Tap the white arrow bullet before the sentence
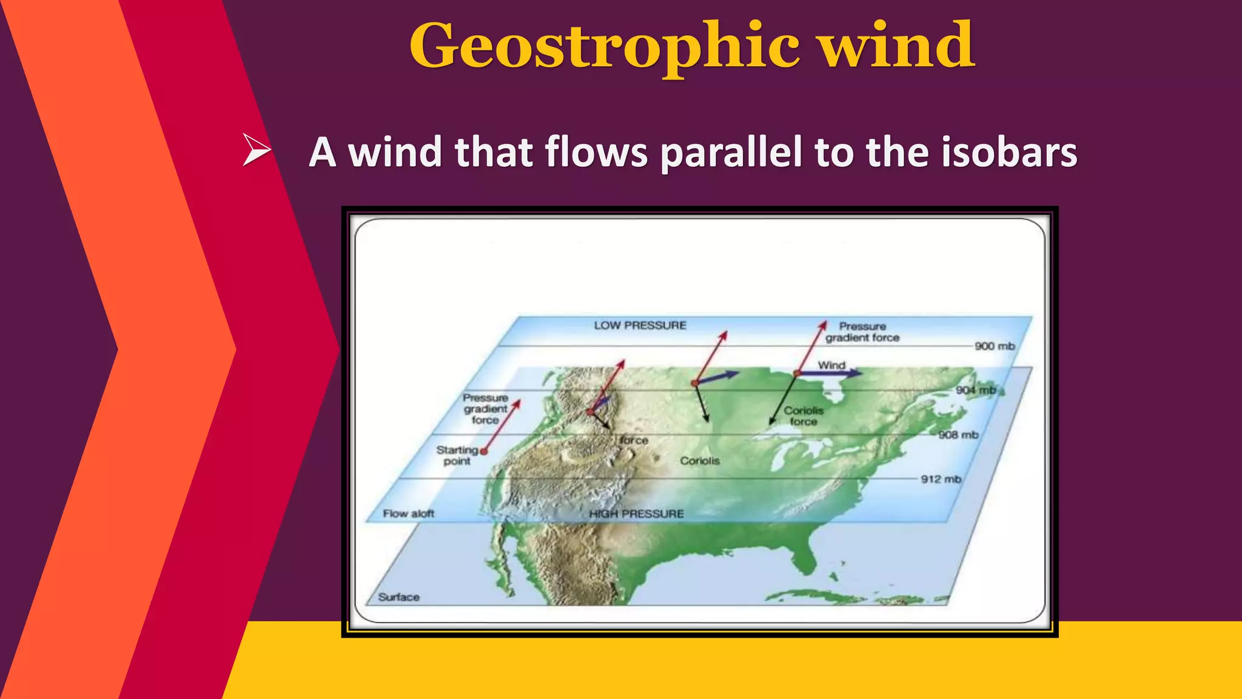(256, 150)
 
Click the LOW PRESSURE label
(640, 326)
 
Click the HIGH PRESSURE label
(636, 514)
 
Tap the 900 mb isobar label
(994, 346)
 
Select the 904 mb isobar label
(976, 390)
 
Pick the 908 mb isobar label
(958, 435)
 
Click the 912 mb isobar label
(941, 479)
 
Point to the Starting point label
(457, 456)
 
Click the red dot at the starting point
(483, 451)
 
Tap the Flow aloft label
(408, 514)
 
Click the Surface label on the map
(398, 597)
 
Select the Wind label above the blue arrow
(831, 365)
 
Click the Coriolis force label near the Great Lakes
(803, 416)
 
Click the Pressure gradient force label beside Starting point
(485, 409)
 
